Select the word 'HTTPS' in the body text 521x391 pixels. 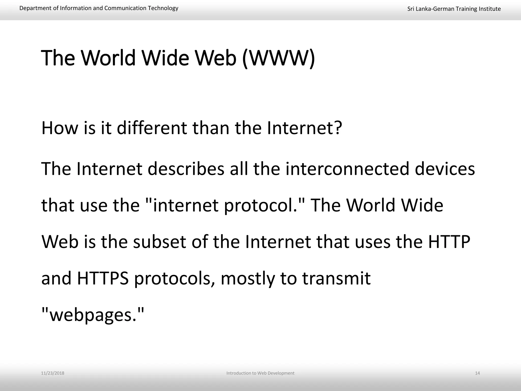coord(103,278)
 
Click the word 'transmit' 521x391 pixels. coord(336,278)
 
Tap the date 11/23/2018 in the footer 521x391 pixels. coord(53,373)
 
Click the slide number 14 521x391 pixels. coord(477,373)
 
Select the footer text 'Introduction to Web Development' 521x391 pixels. coord(260,373)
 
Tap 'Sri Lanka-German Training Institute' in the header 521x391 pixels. coord(454,9)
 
